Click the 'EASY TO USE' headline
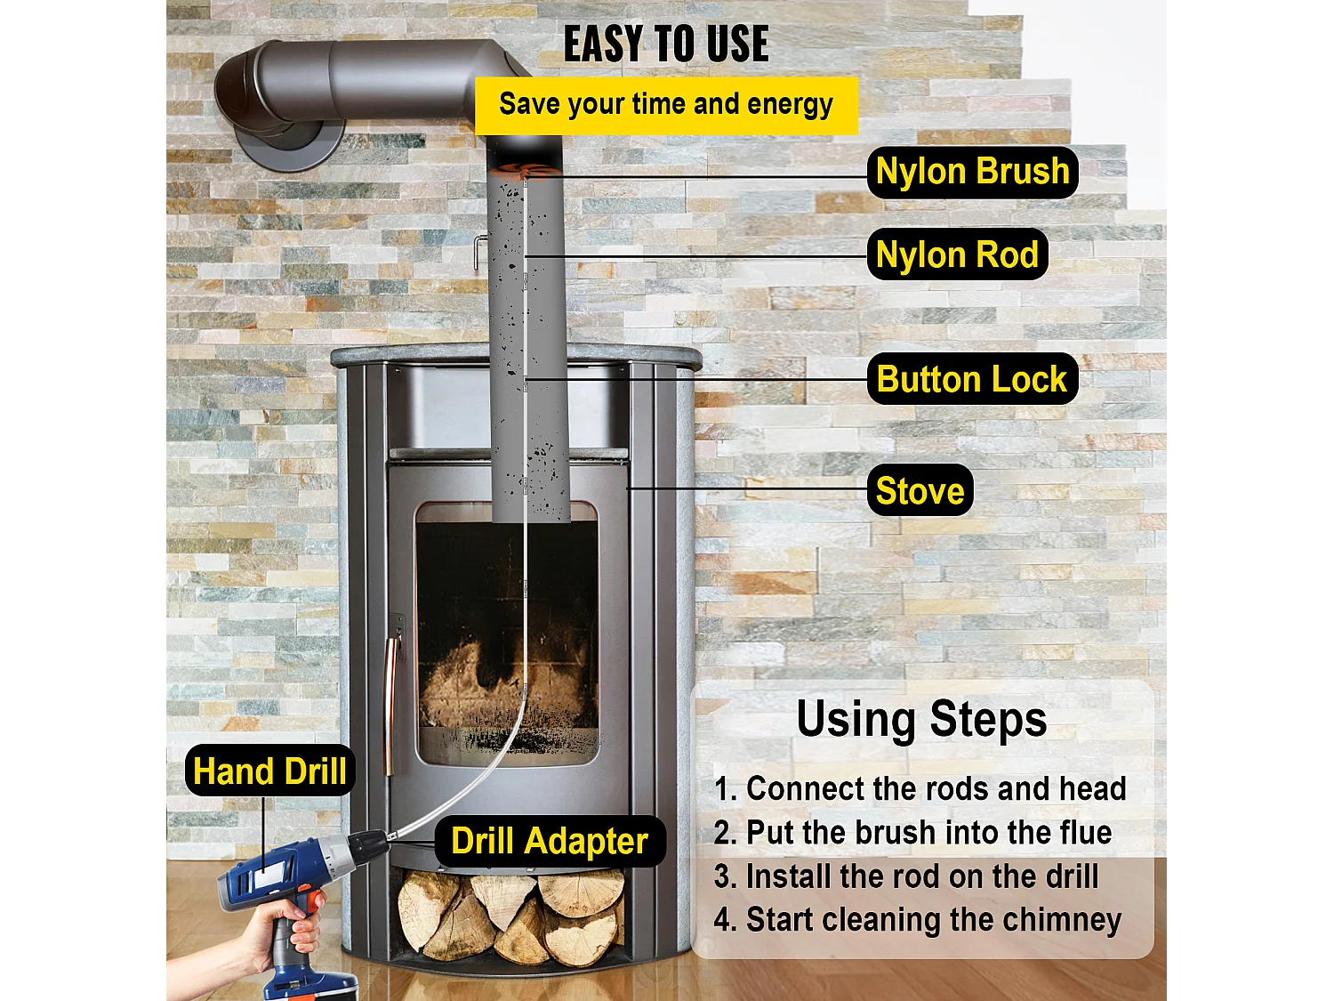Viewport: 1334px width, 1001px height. click(x=666, y=44)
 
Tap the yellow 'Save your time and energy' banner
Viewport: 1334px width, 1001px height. click(x=666, y=105)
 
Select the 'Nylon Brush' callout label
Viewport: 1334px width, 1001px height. click(x=972, y=172)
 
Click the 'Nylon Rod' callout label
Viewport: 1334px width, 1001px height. click(x=957, y=254)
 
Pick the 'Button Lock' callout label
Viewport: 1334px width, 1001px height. click(x=971, y=379)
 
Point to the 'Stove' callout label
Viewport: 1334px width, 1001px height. click(x=920, y=490)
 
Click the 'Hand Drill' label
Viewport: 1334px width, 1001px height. click(x=269, y=771)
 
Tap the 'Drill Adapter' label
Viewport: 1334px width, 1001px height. click(x=550, y=841)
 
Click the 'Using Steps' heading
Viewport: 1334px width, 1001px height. click(x=921, y=719)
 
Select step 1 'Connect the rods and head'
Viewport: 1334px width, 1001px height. click(x=920, y=788)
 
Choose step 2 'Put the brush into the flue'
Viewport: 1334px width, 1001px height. click(x=912, y=832)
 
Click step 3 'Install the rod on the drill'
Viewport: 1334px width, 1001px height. click(x=906, y=876)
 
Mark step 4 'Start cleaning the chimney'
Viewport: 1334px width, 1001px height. click(x=917, y=919)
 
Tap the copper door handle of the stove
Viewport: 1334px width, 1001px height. click(x=389, y=703)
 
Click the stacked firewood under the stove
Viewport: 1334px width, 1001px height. click(x=510, y=916)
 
